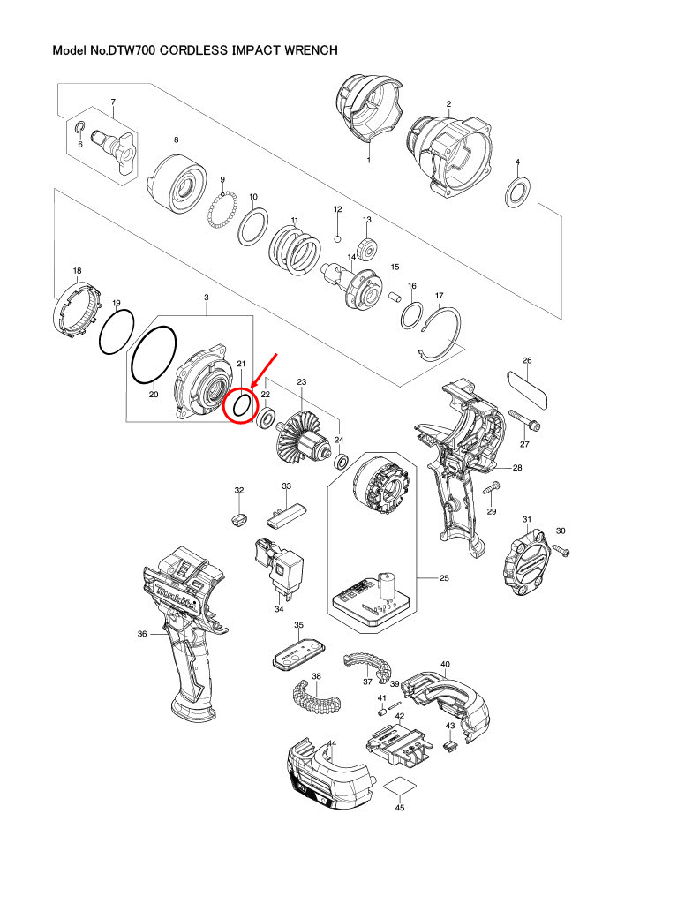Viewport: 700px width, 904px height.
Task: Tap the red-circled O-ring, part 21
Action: [240, 406]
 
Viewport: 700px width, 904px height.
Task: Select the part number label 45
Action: [400, 807]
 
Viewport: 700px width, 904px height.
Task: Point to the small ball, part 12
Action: [337, 238]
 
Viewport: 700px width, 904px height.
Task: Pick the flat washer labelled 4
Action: [516, 190]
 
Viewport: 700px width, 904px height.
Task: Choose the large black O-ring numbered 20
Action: [154, 355]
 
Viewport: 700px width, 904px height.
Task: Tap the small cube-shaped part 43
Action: [449, 746]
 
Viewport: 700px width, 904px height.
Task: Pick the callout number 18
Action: [77, 271]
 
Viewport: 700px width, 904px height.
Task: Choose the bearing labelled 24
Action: [340, 461]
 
